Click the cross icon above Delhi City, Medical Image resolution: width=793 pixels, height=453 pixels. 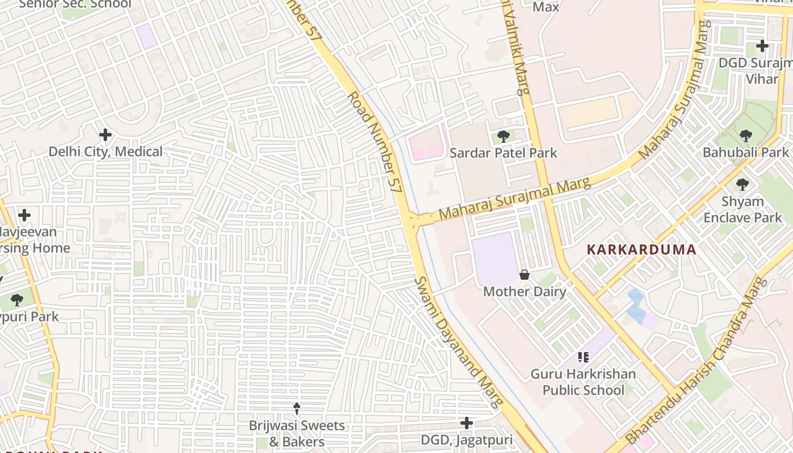[x=105, y=135]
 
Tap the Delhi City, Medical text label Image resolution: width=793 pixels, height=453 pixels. [x=105, y=152]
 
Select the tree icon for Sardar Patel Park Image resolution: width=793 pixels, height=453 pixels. [x=503, y=136]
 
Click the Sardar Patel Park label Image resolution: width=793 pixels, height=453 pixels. [x=503, y=153]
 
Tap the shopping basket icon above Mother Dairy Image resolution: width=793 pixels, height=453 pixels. [x=525, y=275]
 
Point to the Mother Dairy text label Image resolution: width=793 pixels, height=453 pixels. [x=525, y=292]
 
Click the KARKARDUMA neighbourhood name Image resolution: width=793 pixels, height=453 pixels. [x=641, y=250]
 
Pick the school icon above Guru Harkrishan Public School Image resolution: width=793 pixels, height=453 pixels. [x=583, y=357]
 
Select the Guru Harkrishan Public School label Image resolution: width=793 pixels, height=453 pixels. [x=583, y=382]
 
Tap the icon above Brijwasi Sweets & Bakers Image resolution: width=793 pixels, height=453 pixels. [x=296, y=408]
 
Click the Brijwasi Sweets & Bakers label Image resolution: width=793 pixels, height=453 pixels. [x=296, y=434]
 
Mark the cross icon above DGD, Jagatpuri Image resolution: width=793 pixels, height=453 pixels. [x=467, y=423]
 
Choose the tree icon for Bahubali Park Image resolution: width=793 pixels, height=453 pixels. [x=745, y=136]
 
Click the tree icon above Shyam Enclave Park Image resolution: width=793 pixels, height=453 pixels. [x=742, y=185]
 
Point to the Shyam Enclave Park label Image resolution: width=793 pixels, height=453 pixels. [x=742, y=210]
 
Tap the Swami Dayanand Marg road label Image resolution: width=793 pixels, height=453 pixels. [x=459, y=343]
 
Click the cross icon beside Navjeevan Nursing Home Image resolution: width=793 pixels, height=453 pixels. [x=24, y=215]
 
